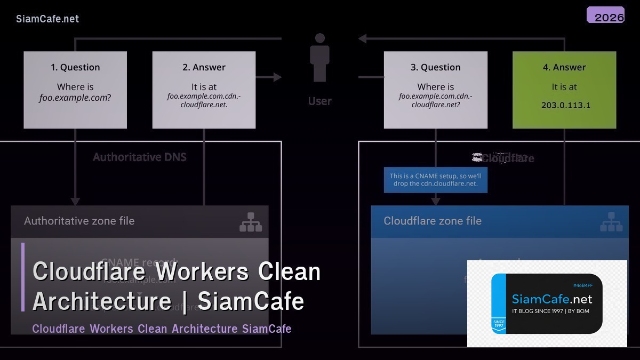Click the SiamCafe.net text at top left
[x=47, y=19]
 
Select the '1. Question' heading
[x=75, y=67]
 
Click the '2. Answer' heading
[x=204, y=67]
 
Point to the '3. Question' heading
[x=435, y=67]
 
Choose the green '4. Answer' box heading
[x=564, y=67]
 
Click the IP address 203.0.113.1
[x=565, y=105]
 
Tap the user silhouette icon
[x=320, y=58]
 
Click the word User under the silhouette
[x=320, y=101]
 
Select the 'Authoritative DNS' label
[x=140, y=157]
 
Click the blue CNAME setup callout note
[x=435, y=180]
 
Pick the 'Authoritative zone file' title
[x=79, y=221]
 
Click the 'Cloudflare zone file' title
[x=433, y=221]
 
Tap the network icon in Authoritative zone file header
[x=251, y=222]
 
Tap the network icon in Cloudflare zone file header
[x=611, y=222]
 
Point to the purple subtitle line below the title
[x=162, y=329]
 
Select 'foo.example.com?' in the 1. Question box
[x=75, y=98]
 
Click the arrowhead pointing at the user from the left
[x=277, y=77]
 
